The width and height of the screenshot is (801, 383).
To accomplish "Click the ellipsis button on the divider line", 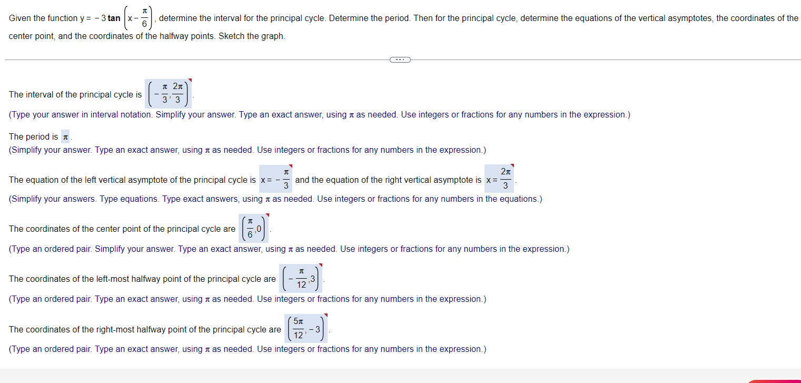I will pos(400,60).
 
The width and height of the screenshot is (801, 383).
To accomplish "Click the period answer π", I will pos(65,137).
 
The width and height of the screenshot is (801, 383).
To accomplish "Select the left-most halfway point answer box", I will pos(301,279).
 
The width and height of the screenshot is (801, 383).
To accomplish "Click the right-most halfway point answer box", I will pos(306,329).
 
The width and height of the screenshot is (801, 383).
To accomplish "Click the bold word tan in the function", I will pos(114,18).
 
